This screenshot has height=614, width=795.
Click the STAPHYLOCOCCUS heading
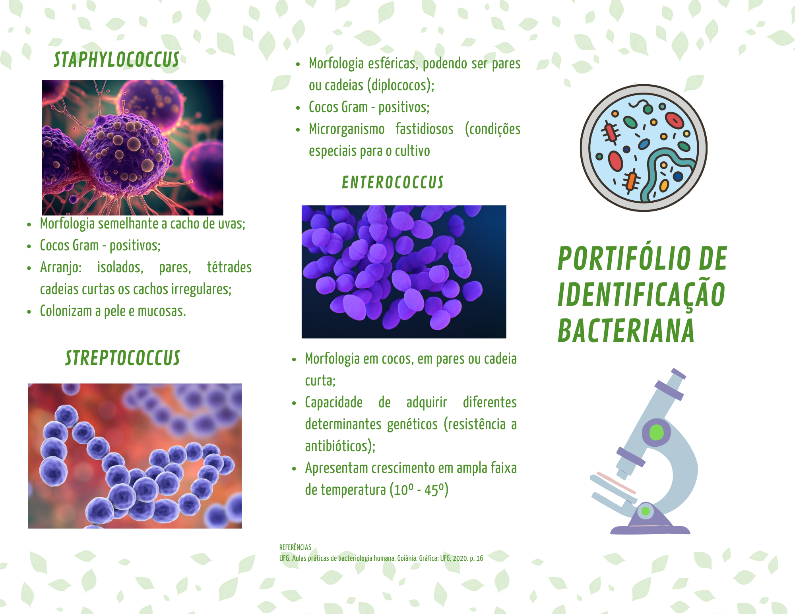coord(116,60)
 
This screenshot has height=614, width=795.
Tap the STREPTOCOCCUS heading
coord(122,358)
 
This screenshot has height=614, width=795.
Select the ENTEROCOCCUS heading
coord(393,182)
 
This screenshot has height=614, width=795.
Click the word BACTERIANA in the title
coord(626,330)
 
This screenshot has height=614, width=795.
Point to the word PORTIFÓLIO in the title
coord(623,258)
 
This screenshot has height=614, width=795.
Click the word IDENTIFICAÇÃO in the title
coord(642,294)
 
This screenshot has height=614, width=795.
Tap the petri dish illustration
coord(644,148)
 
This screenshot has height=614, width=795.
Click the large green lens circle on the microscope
coord(656,432)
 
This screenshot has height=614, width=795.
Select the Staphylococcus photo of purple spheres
coord(132,148)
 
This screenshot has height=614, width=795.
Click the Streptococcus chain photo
coord(135,456)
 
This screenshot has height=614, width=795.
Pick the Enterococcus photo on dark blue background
coord(404,272)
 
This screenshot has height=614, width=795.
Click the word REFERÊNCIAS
coord(295,547)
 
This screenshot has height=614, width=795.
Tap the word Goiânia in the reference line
coord(407,558)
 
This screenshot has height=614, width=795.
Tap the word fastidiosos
coord(425,129)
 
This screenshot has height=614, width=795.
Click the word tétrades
coord(229,267)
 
